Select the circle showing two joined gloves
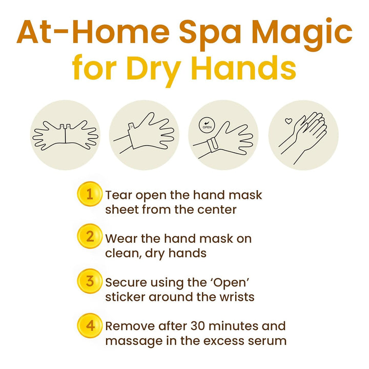[66, 135]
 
